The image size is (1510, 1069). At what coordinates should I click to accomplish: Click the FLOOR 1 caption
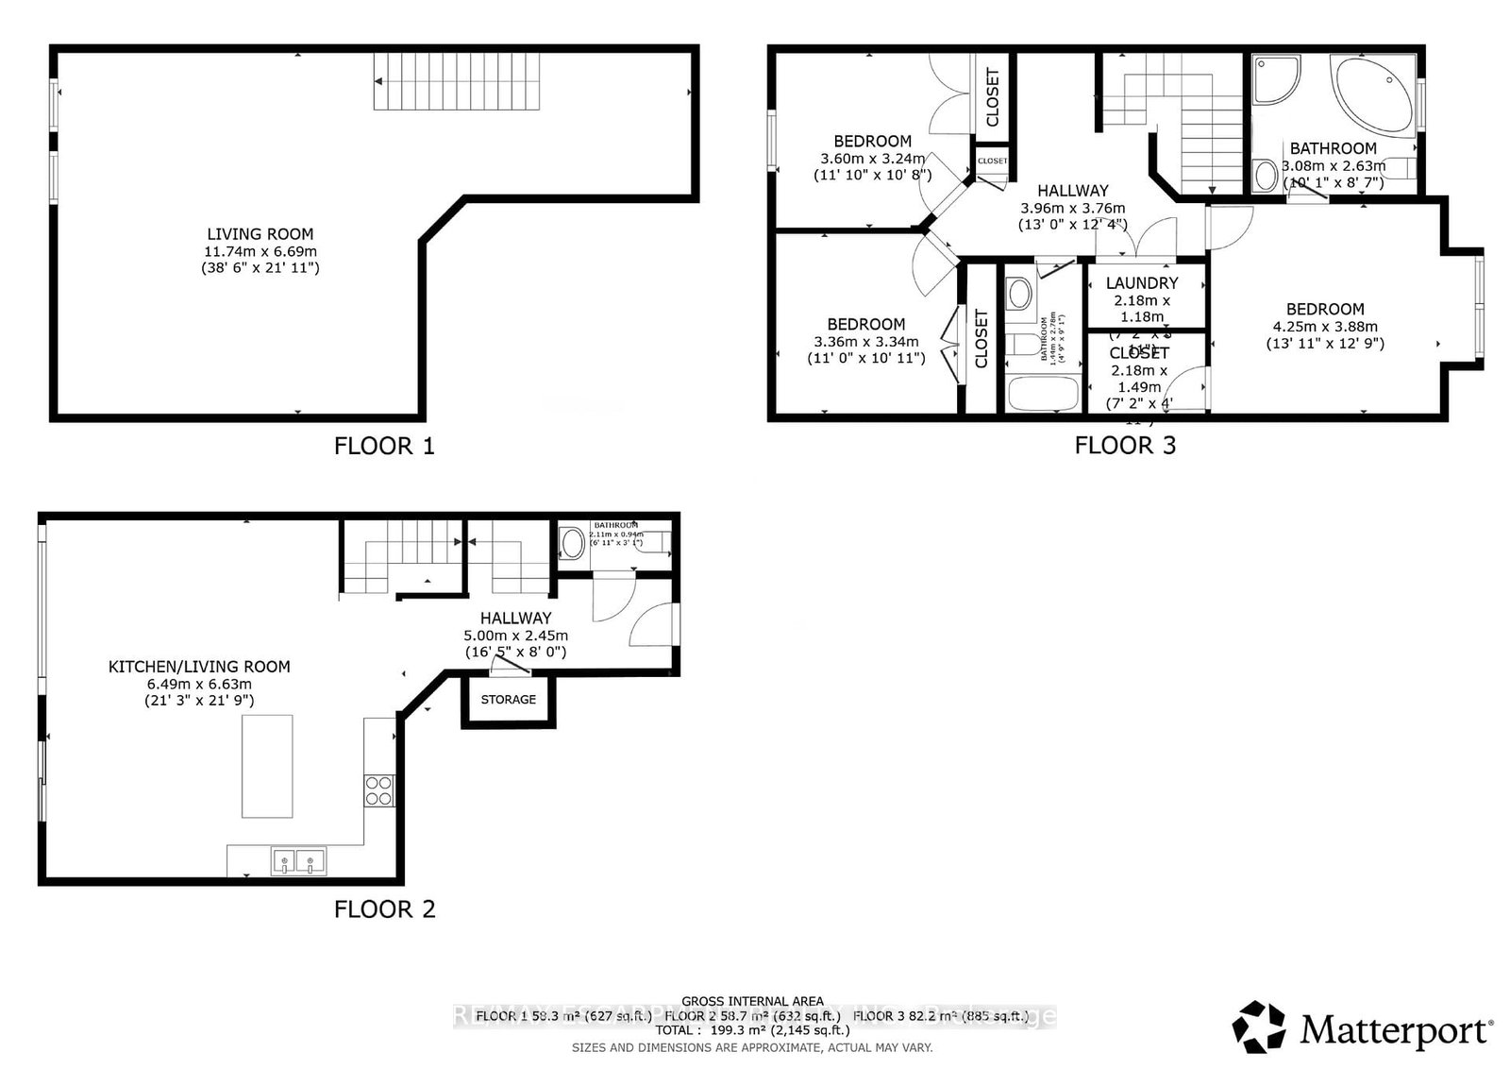coord(384,446)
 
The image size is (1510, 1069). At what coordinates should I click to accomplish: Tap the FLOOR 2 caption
coord(384,909)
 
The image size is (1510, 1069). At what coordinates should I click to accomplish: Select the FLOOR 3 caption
coord(1125,445)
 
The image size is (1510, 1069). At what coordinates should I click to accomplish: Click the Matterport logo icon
coord(1259,1027)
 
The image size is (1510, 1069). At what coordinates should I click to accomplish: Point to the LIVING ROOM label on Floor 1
coord(260,234)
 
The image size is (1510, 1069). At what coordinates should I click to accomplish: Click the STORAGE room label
coord(508,700)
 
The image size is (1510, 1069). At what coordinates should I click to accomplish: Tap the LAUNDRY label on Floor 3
coord(1142,282)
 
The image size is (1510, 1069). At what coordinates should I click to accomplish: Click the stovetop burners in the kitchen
coord(378,789)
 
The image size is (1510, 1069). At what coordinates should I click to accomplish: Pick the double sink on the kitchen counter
coord(298,860)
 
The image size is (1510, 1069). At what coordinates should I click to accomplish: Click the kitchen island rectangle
coord(267,766)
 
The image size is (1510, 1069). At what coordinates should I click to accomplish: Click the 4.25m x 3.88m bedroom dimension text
coord(1325,327)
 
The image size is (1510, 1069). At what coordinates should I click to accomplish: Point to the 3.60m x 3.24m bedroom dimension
coord(872,159)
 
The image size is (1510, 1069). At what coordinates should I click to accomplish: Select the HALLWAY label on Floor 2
coord(515,619)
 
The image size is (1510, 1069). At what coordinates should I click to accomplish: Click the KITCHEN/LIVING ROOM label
coord(199,667)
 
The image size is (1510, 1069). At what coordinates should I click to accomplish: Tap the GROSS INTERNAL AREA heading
coord(752,1001)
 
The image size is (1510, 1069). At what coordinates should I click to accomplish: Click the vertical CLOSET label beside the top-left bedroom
coord(992,97)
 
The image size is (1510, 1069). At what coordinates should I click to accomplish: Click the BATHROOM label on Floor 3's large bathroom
coord(1333,148)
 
